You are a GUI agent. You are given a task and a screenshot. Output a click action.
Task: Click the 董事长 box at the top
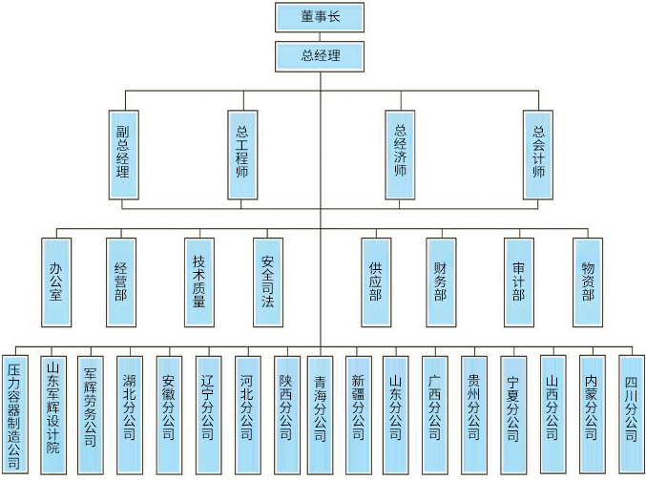coord(321,16)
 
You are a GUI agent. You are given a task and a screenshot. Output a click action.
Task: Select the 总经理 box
coord(321,55)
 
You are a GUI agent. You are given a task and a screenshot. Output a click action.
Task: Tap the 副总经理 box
coord(123,154)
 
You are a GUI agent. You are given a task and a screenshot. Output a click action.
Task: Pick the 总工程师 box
coord(241,154)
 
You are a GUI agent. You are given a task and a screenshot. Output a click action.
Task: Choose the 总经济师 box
coord(400,154)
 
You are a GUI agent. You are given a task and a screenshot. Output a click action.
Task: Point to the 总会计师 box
coord(538,154)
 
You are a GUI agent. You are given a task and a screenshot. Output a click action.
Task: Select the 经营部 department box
coord(120,282)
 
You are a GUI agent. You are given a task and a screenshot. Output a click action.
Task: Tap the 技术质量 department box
coord(199,282)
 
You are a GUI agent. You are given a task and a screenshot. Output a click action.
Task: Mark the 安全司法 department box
coord(267,282)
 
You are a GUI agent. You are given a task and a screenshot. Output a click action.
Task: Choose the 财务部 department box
coord(440,282)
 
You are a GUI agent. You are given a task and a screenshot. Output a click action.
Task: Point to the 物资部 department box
coord(587,282)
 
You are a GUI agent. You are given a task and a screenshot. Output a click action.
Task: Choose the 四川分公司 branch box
coord(630,410)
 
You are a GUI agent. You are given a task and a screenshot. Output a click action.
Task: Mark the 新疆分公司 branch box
coord(357,410)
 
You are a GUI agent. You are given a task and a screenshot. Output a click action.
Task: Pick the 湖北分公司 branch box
coord(130,410)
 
